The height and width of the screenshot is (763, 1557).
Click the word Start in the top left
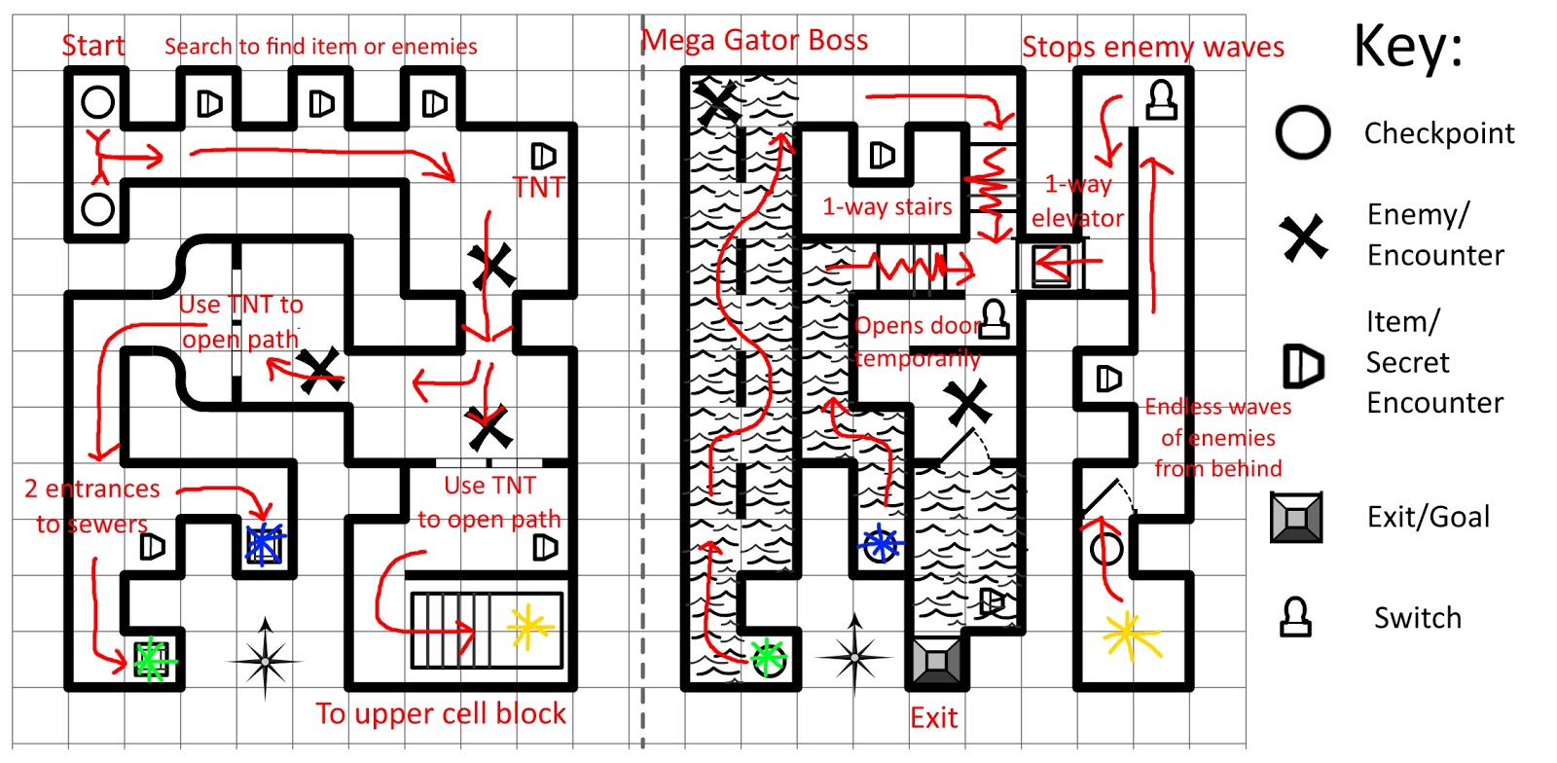pyautogui.click(x=92, y=46)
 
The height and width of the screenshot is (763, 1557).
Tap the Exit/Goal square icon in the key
pyautogui.click(x=1296, y=517)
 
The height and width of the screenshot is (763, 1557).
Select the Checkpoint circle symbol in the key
pyautogui.click(x=1302, y=132)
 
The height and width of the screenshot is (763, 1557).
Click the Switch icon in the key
pyautogui.click(x=1295, y=617)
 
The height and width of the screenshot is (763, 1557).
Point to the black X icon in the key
pyautogui.click(x=1303, y=236)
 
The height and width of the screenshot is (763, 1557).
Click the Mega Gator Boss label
pyautogui.click(x=755, y=40)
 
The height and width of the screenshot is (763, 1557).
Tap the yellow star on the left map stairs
pyautogui.click(x=529, y=627)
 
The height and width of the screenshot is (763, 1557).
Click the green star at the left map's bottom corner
pyautogui.click(x=150, y=661)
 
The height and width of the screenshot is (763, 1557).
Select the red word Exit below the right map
pyautogui.click(x=933, y=718)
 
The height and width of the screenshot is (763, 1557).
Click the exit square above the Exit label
pyautogui.click(x=936, y=662)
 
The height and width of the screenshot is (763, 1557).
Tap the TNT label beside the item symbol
pyautogui.click(x=538, y=187)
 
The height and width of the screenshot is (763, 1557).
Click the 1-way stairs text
pyautogui.click(x=887, y=206)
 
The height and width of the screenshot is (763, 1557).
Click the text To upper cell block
pyautogui.click(x=440, y=713)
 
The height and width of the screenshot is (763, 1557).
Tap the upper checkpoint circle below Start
pyautogui.click(x=97, y=101)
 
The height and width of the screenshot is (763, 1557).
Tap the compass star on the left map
pyautogui.click(x=265, y=660)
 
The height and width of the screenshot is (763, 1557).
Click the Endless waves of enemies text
pyautogui.click(x=1217, y=437)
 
